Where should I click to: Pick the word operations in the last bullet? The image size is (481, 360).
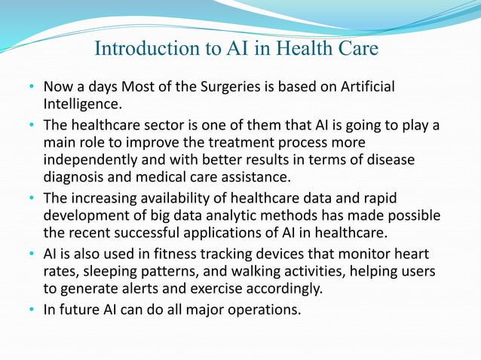click(263, 309)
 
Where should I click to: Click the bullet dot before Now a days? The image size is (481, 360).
click(33, 88)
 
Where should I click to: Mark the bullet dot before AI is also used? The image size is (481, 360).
click(33, 255)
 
